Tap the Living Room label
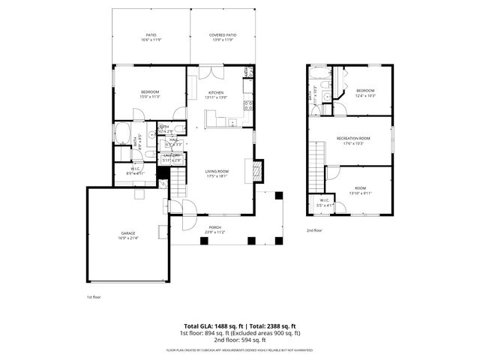tap(217, 173)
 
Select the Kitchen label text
tap(216, 94)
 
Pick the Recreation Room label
tap(353, 140)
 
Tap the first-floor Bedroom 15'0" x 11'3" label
tap(149, 94)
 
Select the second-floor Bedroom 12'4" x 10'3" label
tap(365, 94)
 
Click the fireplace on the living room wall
tap(259, 171)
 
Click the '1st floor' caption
tap(94, 296)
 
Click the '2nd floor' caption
tap(314, 230)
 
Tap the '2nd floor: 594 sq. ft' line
tap(239, 340)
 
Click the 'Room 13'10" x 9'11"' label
tap(360, 190)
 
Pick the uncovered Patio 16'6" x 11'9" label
tap(150, 37)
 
